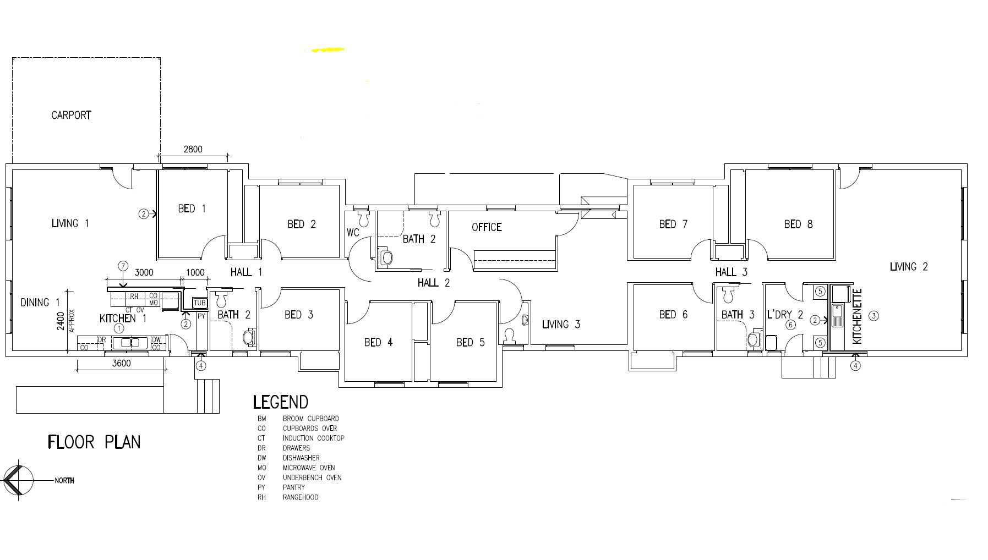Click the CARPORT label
pos(71,116)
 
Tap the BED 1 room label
pos(192,208)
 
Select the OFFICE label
pos(487,227)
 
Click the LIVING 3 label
pos(561,325)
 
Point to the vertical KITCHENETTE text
pos(857,317)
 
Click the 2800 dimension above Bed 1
pos(193,149)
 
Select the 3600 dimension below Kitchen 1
pos(121,364)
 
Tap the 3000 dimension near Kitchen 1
pos(144,272)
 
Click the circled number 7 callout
pos(123,266)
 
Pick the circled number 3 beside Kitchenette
pos(874,316)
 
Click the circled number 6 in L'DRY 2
pos(790,325)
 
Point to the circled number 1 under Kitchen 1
pos(118,328)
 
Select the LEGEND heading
pos(280,402)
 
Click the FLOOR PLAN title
pos(94,442)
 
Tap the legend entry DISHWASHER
pos(301,458)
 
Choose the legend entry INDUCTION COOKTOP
pos(314,438)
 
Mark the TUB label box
pos(200,303)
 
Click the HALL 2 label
pos(434,283)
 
